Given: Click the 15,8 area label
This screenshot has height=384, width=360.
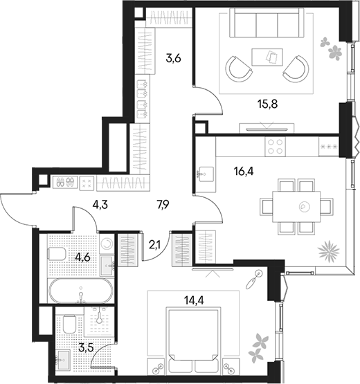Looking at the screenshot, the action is [x=267, y=104].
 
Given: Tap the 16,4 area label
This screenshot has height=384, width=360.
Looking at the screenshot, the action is [x=244, y=171].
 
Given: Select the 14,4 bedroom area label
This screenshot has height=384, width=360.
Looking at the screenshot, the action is [x=194, y=300].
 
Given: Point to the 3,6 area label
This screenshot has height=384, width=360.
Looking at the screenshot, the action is [x=173, y=59].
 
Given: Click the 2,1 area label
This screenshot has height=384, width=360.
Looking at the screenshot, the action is [x=154, y=245].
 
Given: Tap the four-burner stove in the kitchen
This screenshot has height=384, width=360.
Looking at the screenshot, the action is [x=275, y=147].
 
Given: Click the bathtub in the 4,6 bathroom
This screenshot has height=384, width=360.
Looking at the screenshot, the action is [x=81, y=291].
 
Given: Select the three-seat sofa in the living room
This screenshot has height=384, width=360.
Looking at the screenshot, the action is [x=267, y=23].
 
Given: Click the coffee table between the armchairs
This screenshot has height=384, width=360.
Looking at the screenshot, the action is [x=267, y=57].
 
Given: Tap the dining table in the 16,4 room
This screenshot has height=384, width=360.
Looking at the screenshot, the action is [x=296, y=207].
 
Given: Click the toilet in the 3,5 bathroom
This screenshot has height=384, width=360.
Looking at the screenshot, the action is [x=69, y=324].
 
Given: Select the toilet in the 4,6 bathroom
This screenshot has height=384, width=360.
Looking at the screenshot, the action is [x=57, y=254].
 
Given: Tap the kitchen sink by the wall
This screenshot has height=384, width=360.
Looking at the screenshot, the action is [x=206, y=174].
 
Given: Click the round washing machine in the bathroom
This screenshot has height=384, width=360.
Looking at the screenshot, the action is [x=107, y=244].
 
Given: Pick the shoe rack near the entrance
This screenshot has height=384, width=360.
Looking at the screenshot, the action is [x=65, y=183].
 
